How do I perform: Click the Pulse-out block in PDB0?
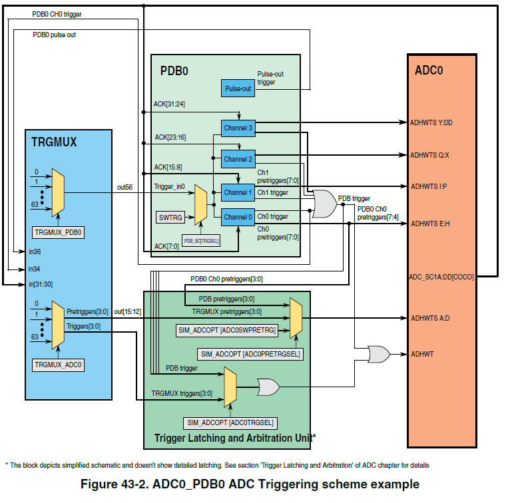(x=238, y=88)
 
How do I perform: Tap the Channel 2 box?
(x=238, y=159)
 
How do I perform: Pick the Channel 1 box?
(x=238, y=192)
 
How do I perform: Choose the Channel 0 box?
(x=238, y=217)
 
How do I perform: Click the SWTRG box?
(x=171, y=218)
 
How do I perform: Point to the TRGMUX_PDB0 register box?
(x=58, y=232)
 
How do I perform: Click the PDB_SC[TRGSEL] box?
(x=202, y=240)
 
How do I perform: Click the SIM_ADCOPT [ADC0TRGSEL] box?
(x=230, y=423)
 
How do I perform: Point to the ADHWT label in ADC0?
(x=422, y=355)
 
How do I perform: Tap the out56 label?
(x=124, y=188)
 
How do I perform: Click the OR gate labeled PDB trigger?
(x=324, y=204)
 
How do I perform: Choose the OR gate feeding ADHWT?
(x=379, y=354)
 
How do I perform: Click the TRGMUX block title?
(x=54, y=142)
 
